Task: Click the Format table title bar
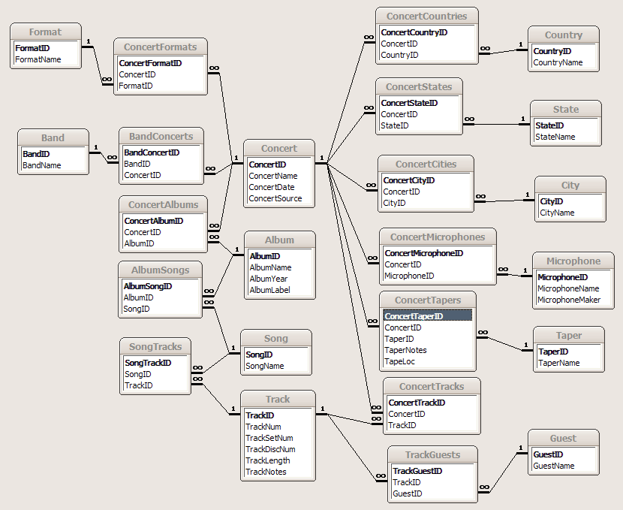tap(45, 32)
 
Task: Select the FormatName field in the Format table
tap(38, 59)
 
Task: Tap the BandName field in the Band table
tap(42, 165)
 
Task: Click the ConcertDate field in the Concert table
tap(272, 187)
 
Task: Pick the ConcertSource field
tap(275, 198)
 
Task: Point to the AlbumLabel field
tap(270, 290)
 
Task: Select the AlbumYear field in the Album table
tap(269, 279)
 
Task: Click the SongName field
tap(265, 366)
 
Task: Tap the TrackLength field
tap(268, 460)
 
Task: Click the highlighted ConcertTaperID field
tap(414, 316)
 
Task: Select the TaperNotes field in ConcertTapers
tap(405, 350)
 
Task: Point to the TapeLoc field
tap(400, 361)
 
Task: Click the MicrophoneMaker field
tap(569, 300)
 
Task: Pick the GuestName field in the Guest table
tap(554, 466)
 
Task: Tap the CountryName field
tap(558, 62)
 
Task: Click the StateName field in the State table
tap(555, 137)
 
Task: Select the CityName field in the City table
tap(557, 213)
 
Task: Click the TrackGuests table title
tap(432, 454)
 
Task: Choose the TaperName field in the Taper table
tap(559, 363)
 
